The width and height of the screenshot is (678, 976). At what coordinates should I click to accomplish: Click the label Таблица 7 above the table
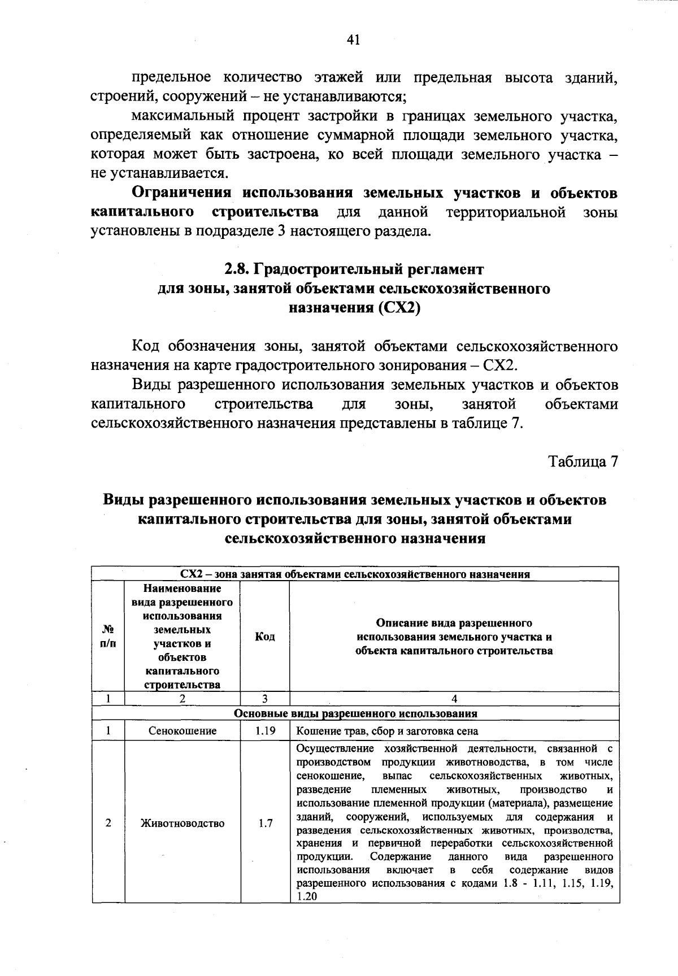coord(584,461)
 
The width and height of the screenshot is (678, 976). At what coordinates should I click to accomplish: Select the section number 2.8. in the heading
coord(236,268)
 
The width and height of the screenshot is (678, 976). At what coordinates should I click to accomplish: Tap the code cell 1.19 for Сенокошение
coord(264,731)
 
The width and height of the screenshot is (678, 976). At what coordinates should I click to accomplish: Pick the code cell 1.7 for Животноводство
coord(264,823)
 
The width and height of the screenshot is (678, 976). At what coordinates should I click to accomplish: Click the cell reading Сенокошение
coord(182,731)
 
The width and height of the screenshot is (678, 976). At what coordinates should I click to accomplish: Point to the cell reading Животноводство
coord(182,823)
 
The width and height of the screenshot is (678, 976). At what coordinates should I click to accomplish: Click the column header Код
coord(264,637)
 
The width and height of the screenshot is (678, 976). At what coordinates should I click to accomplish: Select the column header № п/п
coord(108,637)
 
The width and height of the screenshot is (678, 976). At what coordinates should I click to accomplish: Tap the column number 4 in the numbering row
coord(454,699)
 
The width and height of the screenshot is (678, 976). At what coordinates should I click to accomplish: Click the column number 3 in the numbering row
coord(264,699)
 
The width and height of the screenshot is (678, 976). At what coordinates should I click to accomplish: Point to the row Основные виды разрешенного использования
coord(355,713)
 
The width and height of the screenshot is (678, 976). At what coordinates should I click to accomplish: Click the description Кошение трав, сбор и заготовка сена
coord(387,731)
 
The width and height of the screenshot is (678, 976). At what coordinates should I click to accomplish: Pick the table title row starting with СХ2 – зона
coord(355,574)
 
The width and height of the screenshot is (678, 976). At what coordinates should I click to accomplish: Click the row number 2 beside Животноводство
coord(108,823)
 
